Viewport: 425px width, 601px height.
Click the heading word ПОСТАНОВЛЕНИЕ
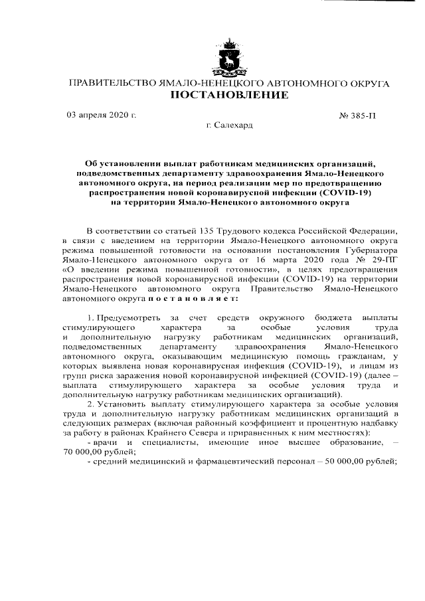coord(230,96)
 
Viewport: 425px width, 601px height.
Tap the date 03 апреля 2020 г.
coord(102,115)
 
